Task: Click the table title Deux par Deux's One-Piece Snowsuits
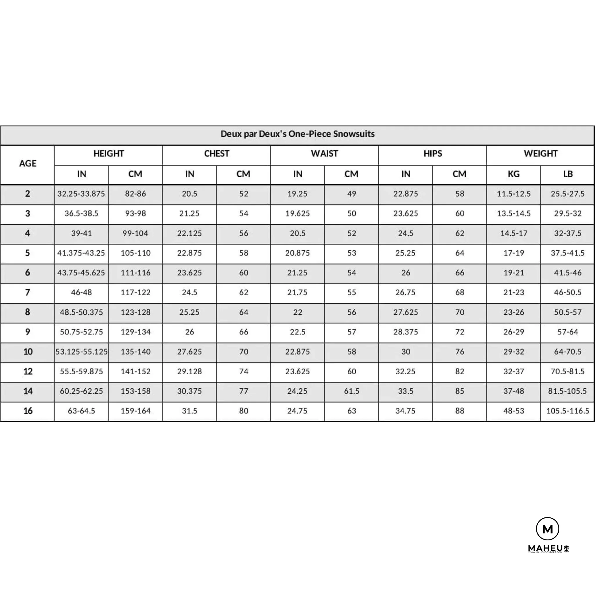(297, 134)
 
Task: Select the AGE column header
(28, 164)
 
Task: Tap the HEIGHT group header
(108, 153)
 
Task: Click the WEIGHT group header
(540, 153)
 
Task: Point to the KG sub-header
(513, 174)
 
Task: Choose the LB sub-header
(568, 174)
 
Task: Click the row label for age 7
(28, 292)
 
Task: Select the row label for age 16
(28, 411)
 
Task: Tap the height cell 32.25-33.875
(81, 194)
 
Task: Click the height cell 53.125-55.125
(81, 352)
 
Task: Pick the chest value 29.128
(189, 371)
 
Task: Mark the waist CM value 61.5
(352, 391)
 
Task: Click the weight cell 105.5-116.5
(568, 411)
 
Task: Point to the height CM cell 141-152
(135, 371)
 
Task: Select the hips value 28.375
(406, 332)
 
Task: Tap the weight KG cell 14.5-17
(513, 233)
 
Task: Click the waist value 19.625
(297, 214)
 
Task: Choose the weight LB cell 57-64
(568, 332)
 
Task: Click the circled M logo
(548, 529)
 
